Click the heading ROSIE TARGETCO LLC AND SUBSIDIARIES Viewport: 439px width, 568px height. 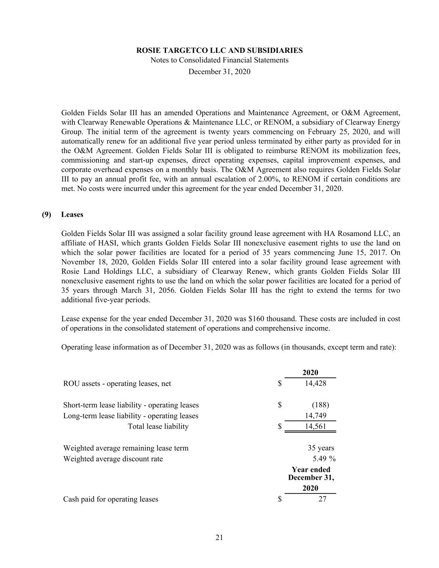pyautogui.click(x=219, y=50)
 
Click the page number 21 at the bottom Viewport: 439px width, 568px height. pyautogui.click(x=219, y=538)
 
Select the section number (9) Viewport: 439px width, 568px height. pyautogui.click(x=46, y=215)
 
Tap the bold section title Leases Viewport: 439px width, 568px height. pyautogui.click(x=72, y=215)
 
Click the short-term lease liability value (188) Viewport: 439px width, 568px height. pyautogui.click(x=320, y=405)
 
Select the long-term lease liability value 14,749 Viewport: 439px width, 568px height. pyautogui.click(x=315, y=416)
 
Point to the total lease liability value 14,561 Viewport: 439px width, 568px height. pyautogui.click(x=315, y=427)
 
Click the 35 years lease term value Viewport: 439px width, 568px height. pyautogui.click(x=321, y=448)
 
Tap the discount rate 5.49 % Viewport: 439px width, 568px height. pyautogui.click(x=324, y=459)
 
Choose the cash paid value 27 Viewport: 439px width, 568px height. pyautogui.click(x=322, y=499)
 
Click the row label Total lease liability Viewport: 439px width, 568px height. pyautogui.click(x=158, y=427)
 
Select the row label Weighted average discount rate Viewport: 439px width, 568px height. pyautogui.click(x=113, y=459)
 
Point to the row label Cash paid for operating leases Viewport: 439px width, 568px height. pyautogui.click(x=110, y=499)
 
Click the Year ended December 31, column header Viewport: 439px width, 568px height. pyautogui.click(x=311, y=474)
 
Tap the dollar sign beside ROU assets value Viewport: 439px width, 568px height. pyautogui.click(x=280, y=383)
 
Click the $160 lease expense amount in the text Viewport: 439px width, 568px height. pyautogui.click(x=255, y=319)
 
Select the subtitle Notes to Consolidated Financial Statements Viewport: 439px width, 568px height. pyautogui.click(x=219, y=60)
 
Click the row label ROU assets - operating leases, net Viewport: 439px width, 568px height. pyautogui.click(x=117, y=383)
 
